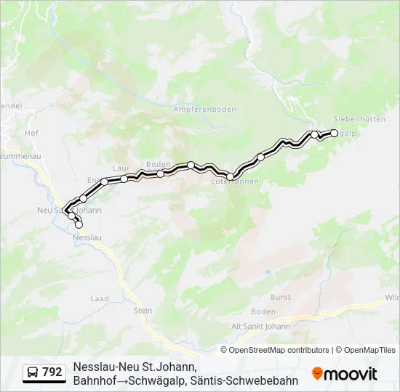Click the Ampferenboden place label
tap(205, 109)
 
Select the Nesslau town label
tap(87, 237)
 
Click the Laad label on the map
tap(99, 298)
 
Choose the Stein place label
tap(143, 311)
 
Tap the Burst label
tap(280, 297)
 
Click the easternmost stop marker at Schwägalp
tap(335, 133)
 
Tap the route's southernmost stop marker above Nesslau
tap(79, 225)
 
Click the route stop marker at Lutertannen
tap(231, 176)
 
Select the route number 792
tap(52, 372)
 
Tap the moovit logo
tap(345, 373)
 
